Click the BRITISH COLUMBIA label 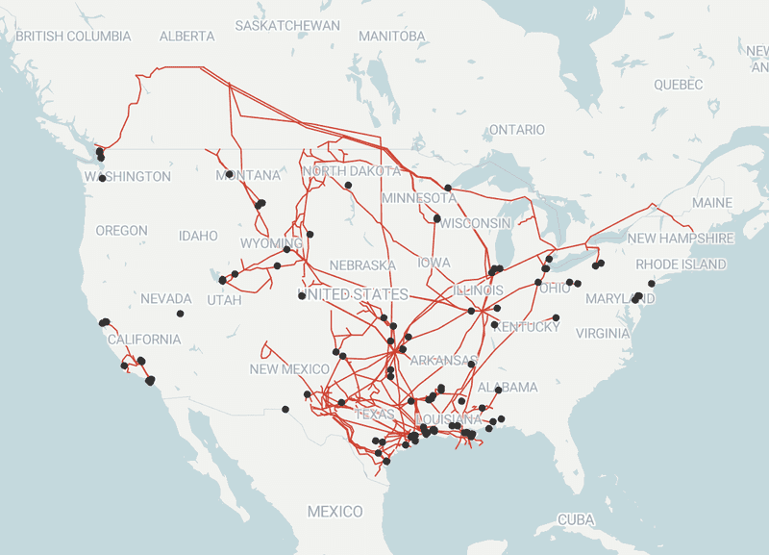73,37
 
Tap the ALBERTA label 186,37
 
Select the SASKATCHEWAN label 287,25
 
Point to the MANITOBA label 391,37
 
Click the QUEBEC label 679,85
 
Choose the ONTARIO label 516,129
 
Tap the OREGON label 121,231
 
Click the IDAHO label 198,236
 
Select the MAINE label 711,203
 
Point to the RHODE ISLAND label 681,265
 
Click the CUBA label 577,519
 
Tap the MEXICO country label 335,512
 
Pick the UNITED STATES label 353,293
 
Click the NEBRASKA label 362,265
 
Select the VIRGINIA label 602,334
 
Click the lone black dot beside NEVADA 180,314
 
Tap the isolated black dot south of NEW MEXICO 285,410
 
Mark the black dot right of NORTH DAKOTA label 348,185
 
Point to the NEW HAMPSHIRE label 681,238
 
